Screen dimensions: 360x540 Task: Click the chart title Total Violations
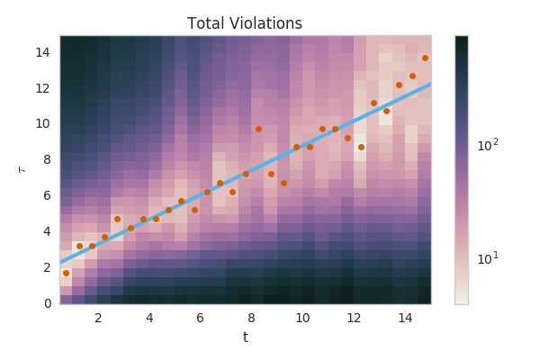pos(245,23)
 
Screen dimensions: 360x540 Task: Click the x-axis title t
pos(245,337)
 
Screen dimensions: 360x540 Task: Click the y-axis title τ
pos(22,169)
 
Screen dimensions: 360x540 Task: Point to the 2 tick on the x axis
pos(98,317)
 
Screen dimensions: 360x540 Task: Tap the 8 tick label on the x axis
pos(251,317)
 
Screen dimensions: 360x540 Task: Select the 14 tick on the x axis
pos(405,317)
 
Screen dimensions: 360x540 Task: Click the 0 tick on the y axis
pos(46,303)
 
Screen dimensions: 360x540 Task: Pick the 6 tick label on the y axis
pos(46,195)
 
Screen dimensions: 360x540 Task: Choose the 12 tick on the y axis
pos(43,88)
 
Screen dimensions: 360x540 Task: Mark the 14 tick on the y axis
pos(43,53)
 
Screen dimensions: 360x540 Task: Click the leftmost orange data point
pos(66,273)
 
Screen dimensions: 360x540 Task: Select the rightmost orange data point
pos(425,58)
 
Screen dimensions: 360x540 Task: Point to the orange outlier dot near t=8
pos(258,129)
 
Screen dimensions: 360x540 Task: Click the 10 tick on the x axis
pos(302,317)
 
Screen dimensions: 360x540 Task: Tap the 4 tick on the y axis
pos(46,231)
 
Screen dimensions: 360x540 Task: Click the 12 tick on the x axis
pos(354,317)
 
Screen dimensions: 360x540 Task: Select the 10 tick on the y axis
pos(43,124)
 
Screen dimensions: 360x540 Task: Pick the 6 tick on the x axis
pos(201,317)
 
